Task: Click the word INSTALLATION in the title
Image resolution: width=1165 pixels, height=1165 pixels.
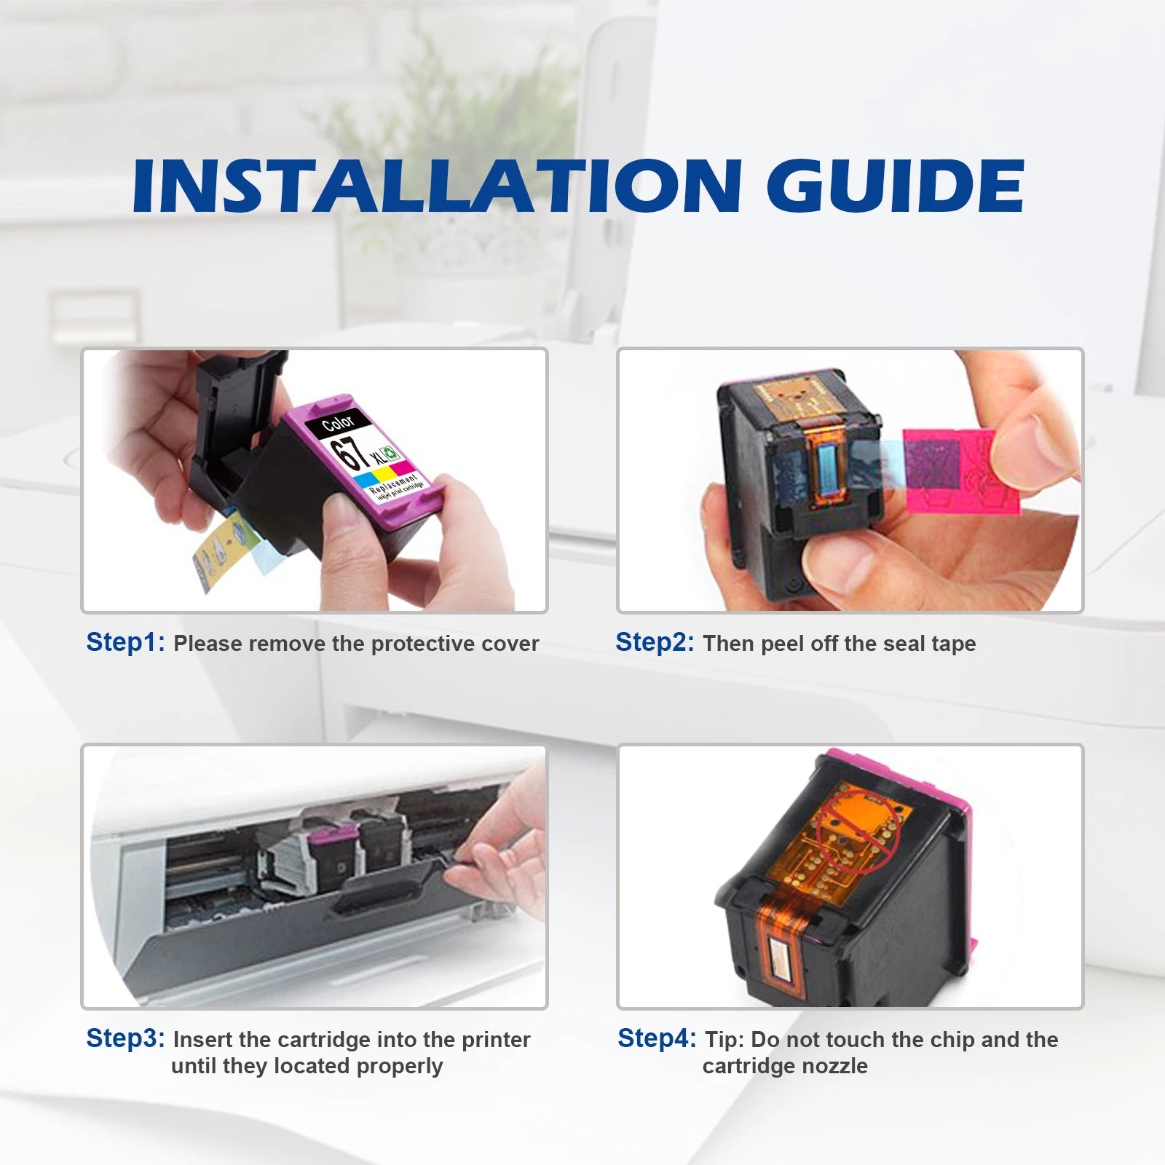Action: pos(438,186)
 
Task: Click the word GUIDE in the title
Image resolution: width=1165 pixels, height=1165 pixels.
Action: pos(896,186)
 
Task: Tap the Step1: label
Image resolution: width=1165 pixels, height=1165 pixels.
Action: pos(126,643)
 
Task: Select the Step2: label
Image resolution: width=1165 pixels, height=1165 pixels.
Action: pos(655,643)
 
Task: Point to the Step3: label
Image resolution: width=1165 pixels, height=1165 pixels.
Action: pos(126,1039)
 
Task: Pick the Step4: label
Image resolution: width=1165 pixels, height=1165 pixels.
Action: pos(657,1039)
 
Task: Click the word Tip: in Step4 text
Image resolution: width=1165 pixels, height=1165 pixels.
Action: pos(724,1040)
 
